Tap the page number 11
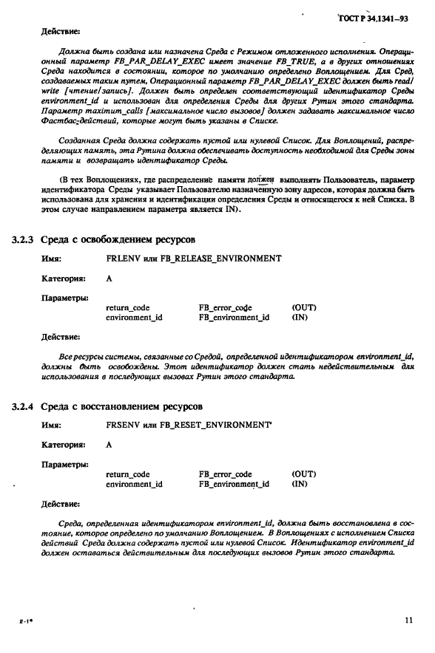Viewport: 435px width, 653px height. [x=408, y=620]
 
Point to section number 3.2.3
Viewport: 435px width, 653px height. [x=23, y=239]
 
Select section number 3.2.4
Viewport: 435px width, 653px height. [x=23, y=406]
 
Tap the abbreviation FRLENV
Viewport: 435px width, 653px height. [x=124, y=259]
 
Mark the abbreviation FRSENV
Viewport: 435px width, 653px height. [x=124, y=425]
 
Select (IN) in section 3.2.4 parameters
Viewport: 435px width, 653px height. [x=300, y=485]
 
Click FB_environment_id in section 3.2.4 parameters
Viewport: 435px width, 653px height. [x=234, y=485]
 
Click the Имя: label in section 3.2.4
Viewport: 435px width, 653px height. [x=51, y=425]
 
